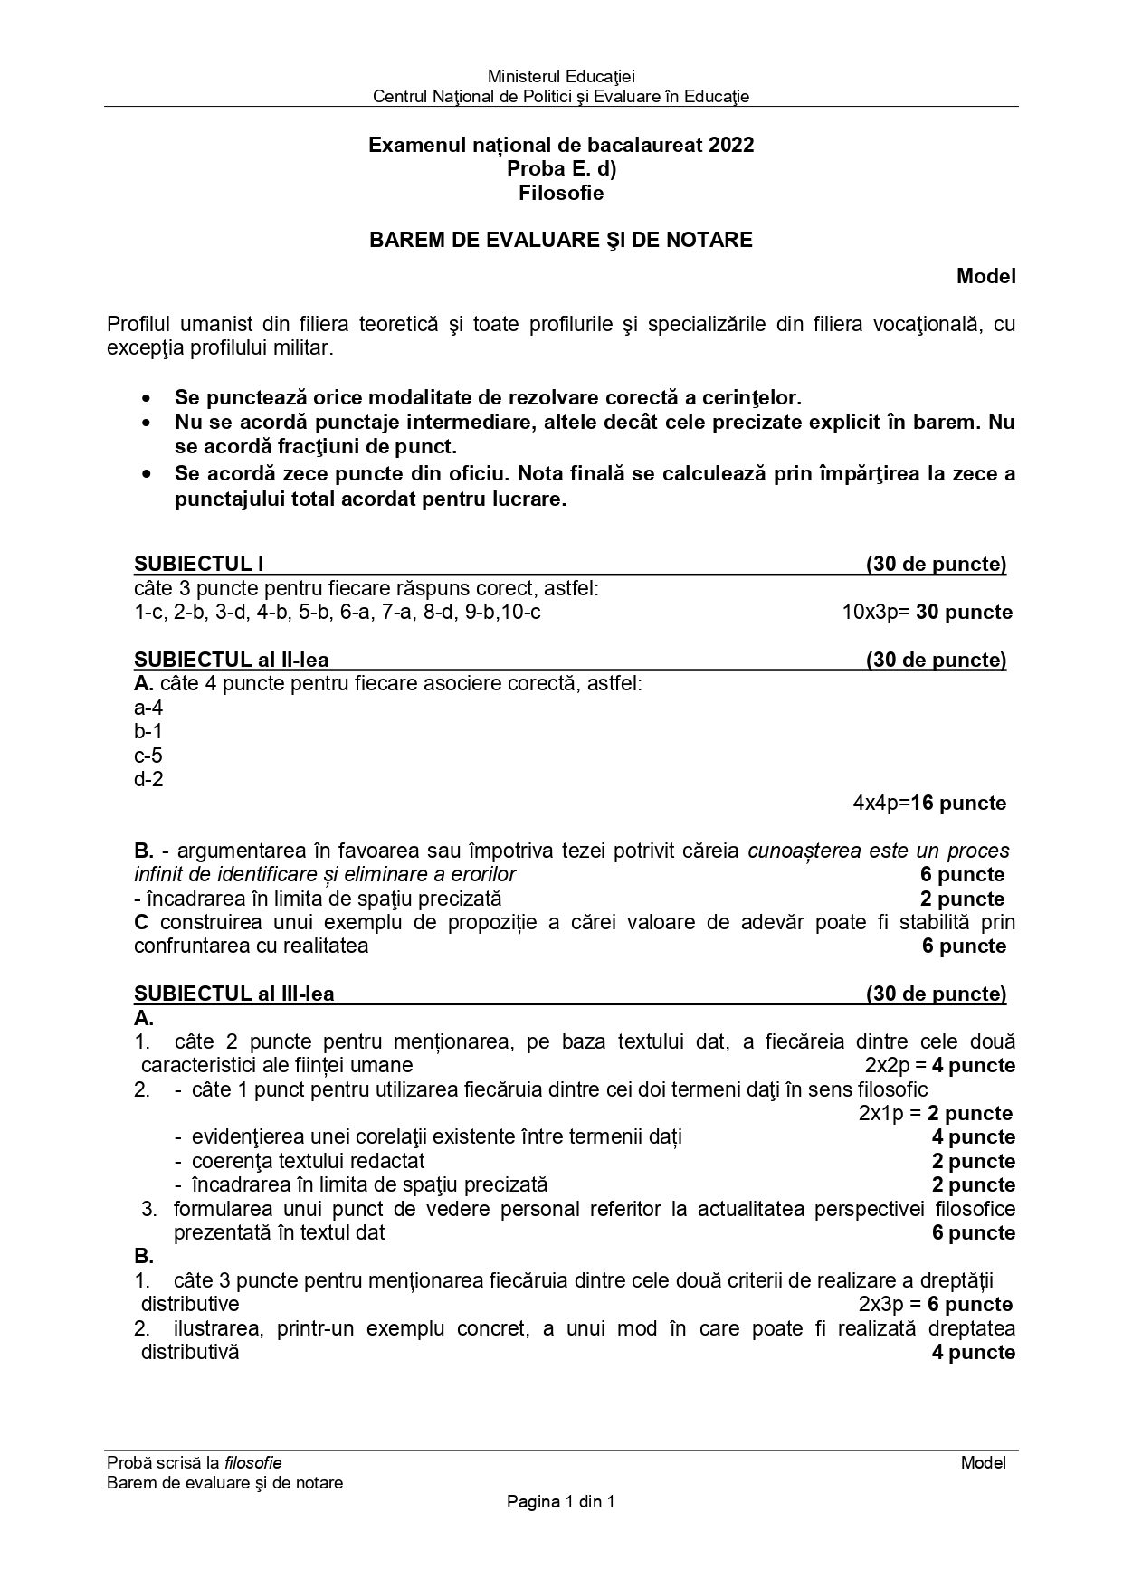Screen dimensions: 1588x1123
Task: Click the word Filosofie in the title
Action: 561,193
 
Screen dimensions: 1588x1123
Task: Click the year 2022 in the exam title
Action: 731,145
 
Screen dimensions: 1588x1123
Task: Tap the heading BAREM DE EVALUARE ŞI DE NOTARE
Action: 561,240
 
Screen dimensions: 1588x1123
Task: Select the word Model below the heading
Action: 985,277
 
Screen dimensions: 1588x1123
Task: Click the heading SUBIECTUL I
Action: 198,565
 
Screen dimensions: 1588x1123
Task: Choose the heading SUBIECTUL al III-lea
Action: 233,994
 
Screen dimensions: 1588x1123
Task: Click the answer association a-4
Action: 148,708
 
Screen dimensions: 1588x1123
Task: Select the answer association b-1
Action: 148,732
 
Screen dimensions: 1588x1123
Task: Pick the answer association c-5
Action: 148,756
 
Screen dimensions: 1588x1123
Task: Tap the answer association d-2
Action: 148,780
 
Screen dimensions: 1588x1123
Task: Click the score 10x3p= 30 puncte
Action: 927,613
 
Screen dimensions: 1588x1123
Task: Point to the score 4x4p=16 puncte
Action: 928,804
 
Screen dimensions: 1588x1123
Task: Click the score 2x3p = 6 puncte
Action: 935,1305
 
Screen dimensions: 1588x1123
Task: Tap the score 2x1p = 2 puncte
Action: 935,1114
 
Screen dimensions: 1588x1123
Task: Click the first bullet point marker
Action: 147,399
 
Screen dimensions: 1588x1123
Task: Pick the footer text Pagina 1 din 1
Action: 561,1502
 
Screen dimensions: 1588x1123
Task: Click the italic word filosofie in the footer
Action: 253,1463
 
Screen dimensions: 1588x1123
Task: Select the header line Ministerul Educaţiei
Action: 561,77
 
